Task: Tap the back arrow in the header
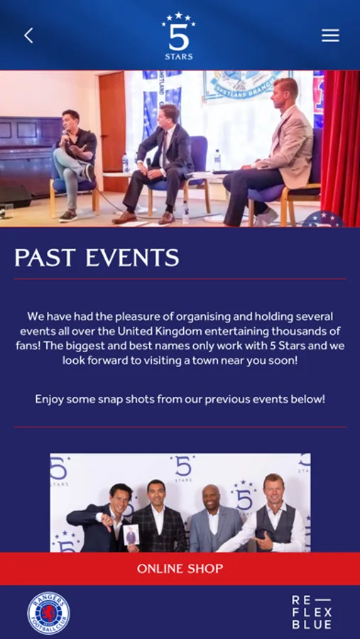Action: point(28,36)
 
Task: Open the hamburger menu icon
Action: point(330,35)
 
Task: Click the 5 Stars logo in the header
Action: point(178,36)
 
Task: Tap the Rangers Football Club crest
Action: point(48,613)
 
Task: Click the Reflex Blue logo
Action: point(312,612)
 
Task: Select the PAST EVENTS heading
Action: point(97,258)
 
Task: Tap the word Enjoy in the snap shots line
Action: point(49,399)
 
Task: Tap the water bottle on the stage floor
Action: point(185,213)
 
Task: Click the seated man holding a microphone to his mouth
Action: point(76,163)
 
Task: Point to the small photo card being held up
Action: point(131,535)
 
